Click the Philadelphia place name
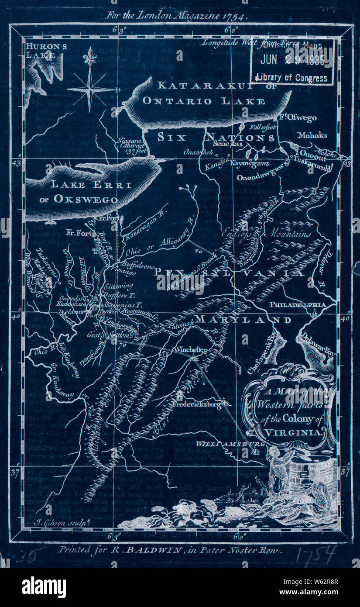(297, 304)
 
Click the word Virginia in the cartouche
(293, 432)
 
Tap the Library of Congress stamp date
(292, 61)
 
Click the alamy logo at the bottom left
(44, 587)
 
